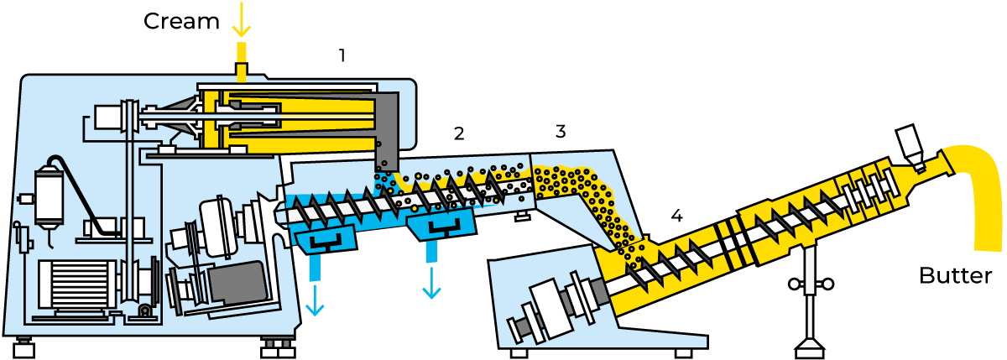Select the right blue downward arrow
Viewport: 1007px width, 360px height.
[x=431, y=284]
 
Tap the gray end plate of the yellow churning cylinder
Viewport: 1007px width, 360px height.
[x=387, y=126]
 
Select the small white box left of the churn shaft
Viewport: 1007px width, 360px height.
[x=107, y=117]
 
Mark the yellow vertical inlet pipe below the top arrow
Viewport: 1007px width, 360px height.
[x=242, y=61]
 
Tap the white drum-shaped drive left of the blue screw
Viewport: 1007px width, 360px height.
[x=217, y=227]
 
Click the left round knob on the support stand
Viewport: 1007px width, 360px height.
[x=794, y=284]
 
